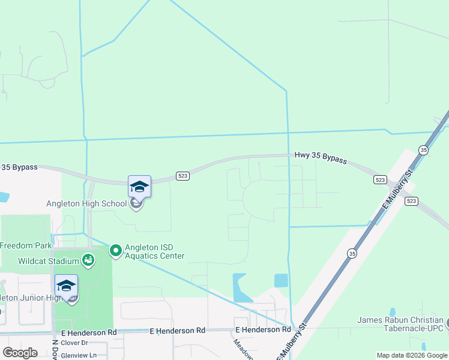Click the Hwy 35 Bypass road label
pos(321,157)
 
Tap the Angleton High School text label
pos(86,203)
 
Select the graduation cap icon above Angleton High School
pos(139,187)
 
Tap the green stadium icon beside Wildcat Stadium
pos(88,260)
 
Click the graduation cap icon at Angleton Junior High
pos(66,286)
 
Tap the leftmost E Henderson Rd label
pos(88,332)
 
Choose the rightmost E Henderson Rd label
pos(263,329)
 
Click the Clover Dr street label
pos(74,343)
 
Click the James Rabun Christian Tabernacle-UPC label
pos(400,324)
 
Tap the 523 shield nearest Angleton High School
pos(183,176)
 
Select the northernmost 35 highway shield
pos(424,150)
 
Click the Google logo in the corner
pos(20,353)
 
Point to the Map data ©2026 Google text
pos(412,355)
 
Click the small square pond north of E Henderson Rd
pos(280,280)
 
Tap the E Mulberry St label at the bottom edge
pos(291,342)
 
